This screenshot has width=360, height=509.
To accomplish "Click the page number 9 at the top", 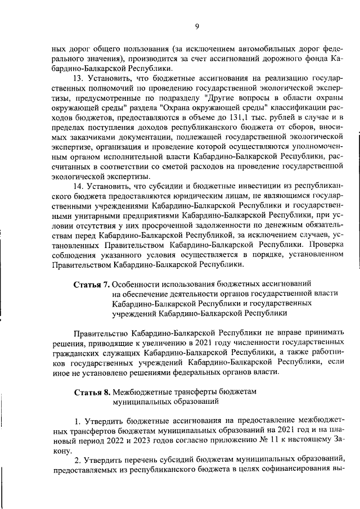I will (197, 25).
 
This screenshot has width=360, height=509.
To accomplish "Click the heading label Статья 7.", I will (92, 284).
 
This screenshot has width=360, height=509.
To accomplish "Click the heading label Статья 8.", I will (92, 391).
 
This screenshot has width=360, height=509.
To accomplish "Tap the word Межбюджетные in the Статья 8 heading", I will (141, 391).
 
